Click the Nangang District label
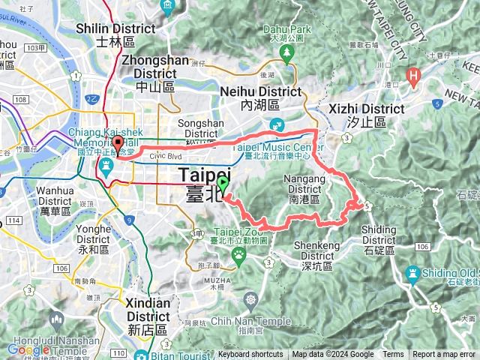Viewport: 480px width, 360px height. pos(304,190)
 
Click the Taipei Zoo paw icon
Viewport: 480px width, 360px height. pos(239,256)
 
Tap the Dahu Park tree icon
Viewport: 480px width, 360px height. pos(286,52)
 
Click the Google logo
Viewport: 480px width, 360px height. pos(28,349)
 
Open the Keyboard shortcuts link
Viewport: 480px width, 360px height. pos(250,355)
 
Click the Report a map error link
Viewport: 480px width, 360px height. pos(445,355)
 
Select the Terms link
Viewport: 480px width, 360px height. pos(392,355)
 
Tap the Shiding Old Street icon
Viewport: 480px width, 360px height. pos(412,272)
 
